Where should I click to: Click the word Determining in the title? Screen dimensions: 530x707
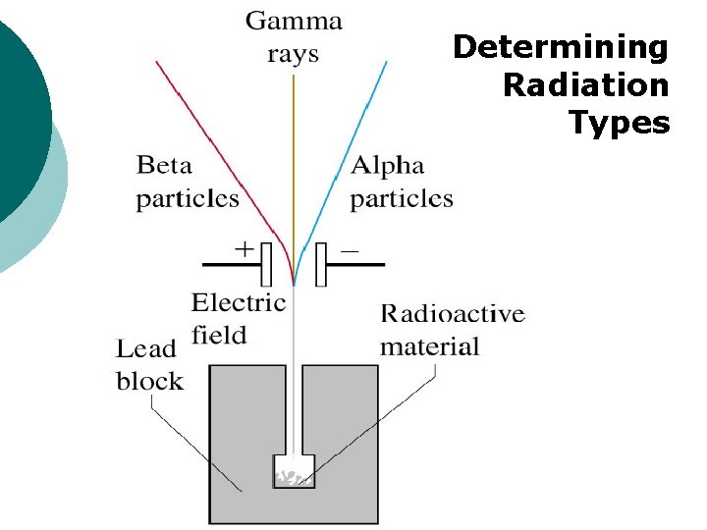[x=560, y=46]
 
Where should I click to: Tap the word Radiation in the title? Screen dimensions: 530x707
[x=585, y=85]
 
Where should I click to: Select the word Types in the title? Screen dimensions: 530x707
[x=620, y=124]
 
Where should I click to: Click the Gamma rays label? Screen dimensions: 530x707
[x=294, y=36]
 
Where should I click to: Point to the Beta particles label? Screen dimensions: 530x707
[x=187, y=182]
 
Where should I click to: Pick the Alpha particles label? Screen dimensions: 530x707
[x=402, y=182]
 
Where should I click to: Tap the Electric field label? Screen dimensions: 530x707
[x=238, y=318]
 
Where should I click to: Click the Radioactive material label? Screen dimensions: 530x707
[x=452, y=330]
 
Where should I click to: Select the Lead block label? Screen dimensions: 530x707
[x=149, y=363]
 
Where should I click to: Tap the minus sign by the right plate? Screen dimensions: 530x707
[x=349, y=250]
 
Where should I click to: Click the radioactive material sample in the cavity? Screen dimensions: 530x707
[x=294, y=478]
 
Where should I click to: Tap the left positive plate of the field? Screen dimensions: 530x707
[x=265, y=264]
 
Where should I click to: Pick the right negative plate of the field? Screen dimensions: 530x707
[x=321, y=264]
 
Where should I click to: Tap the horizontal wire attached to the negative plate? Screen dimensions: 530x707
[x=356, y=264]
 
